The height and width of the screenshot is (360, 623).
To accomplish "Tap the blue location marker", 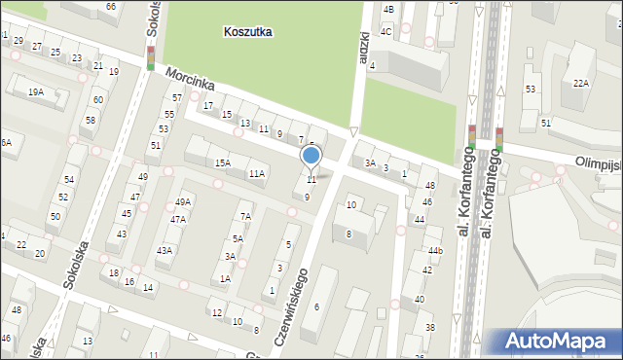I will tap(311, 156).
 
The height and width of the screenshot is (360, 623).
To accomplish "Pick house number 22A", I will tap(580, 83).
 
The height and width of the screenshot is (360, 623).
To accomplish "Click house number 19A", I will tap(36, 92).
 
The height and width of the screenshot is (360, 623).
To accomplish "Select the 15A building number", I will tap(223, 162).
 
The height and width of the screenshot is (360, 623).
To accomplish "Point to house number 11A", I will tap(256, 173).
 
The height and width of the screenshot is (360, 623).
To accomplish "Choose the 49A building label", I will tap(183, 202).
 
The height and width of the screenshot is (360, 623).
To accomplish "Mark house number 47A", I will tap(177, 220).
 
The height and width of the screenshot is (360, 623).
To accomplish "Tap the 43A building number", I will tap(165, 250).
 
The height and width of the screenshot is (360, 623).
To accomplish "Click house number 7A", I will tap(246, 216).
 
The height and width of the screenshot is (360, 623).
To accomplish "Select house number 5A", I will tap(238, 238).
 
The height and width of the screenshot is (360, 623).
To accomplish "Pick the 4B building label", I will tap(388, 9).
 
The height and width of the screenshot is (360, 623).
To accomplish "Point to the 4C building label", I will tap(386, 31).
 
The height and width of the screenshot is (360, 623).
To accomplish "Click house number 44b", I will tap(435, 251).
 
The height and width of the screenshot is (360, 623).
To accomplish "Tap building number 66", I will tap(111, 6).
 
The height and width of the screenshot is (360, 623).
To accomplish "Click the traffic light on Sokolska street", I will tap(151, 57).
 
